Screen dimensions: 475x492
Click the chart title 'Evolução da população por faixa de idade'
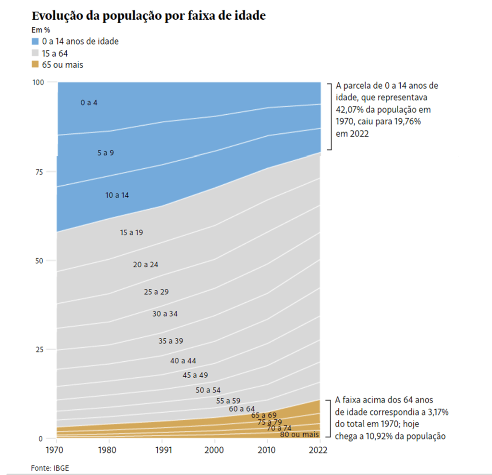pos(148,15)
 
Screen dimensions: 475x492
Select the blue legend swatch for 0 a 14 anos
pos(35,41)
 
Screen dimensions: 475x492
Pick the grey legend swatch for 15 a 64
pos(35,53)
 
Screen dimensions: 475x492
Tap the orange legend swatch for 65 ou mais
pos(35,64)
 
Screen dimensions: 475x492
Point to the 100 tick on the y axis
pos(38,82)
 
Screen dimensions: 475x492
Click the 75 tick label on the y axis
pos(40,171)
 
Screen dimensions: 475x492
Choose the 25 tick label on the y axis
pos(40,349)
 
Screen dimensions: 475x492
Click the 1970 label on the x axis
pos(57,450)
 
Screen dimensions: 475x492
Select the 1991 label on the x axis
pos(162,450)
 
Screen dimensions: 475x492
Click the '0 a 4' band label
pos(89,103)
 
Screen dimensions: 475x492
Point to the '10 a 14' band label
pos(117,195)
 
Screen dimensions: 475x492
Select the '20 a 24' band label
pos(146,264)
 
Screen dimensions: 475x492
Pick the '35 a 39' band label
pos(171,341)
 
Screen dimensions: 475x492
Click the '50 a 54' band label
pos(208,390)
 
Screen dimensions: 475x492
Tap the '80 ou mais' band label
pos(300,435)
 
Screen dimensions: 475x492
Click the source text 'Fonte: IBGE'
pos(47,467)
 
